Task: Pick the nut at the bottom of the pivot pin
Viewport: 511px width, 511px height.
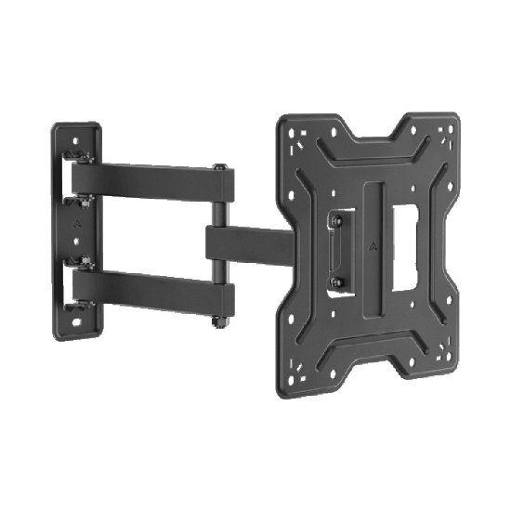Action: click(x=220, y=321)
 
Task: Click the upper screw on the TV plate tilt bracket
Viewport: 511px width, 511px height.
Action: click(x=335, y=221)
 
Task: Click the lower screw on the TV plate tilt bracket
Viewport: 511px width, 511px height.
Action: click(x=335, y=281)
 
